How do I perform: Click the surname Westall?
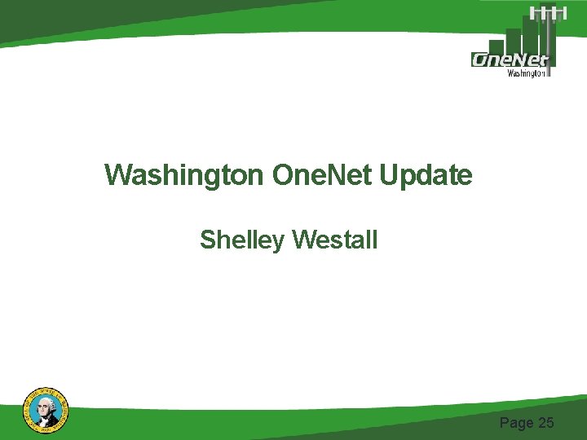click(x=334, y=240)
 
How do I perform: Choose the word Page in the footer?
click(x=516, y=422)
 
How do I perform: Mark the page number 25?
click(x=545, y=422)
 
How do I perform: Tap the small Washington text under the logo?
click(x=527, y=73)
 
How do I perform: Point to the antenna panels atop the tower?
click(x=548, y=11)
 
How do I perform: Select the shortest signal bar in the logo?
click(x=497, y=46)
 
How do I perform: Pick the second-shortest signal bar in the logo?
click(x=514, y=41)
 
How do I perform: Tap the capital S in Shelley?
click(x=207, y=240)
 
